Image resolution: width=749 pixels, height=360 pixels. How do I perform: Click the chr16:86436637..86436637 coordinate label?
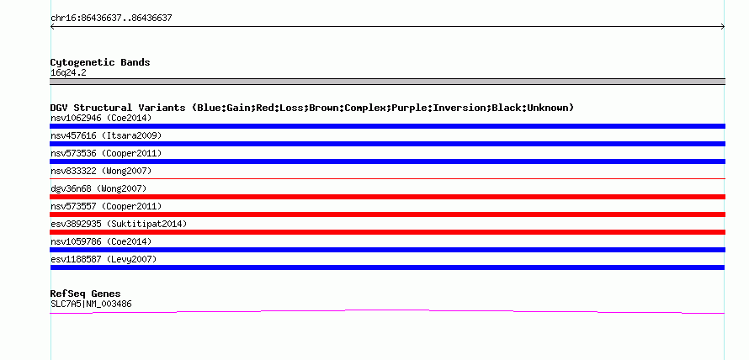[x=111, y=19]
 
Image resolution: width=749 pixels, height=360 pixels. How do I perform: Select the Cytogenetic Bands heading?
[x=100, y=62]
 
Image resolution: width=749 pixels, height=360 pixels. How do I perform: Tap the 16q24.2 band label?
[x=68, y=73]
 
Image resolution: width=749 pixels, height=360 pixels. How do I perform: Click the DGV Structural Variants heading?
[x=312, y=108]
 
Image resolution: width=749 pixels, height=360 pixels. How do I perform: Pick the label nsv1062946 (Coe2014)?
[x=101, y=118]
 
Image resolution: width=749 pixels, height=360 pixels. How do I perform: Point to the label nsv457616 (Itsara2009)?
[x=106, y=135]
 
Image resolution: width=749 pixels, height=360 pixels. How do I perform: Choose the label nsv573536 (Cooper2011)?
[x=106, y=153]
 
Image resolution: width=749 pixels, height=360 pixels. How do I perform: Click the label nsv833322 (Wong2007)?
[x=101, y=171]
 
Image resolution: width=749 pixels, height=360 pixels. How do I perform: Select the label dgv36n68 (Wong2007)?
[x=98, y=188]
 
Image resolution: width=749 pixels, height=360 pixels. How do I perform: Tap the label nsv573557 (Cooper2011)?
[x=106, y=206]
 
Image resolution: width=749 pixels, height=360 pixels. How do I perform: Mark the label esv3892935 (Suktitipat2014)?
[x=119, y=224]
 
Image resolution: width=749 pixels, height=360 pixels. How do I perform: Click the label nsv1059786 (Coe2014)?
[x=101, y=241]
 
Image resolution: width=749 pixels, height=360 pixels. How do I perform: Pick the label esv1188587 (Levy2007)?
[x=104, y=259]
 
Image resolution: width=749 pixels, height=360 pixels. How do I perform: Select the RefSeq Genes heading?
[x=86, y=294]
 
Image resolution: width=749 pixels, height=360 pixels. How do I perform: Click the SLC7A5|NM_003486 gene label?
[x=91, y=304]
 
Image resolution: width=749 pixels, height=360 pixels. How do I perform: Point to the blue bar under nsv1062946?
[x=387, y=126]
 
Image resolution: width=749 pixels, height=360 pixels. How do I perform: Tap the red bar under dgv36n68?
[x=387, y=197]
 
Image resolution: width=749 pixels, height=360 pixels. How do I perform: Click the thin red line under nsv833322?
[x=387, y=178]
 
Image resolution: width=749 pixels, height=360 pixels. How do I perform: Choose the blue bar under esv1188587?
[x=387, y=267]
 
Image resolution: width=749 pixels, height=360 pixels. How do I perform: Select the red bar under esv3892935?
[x=387, y=232]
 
